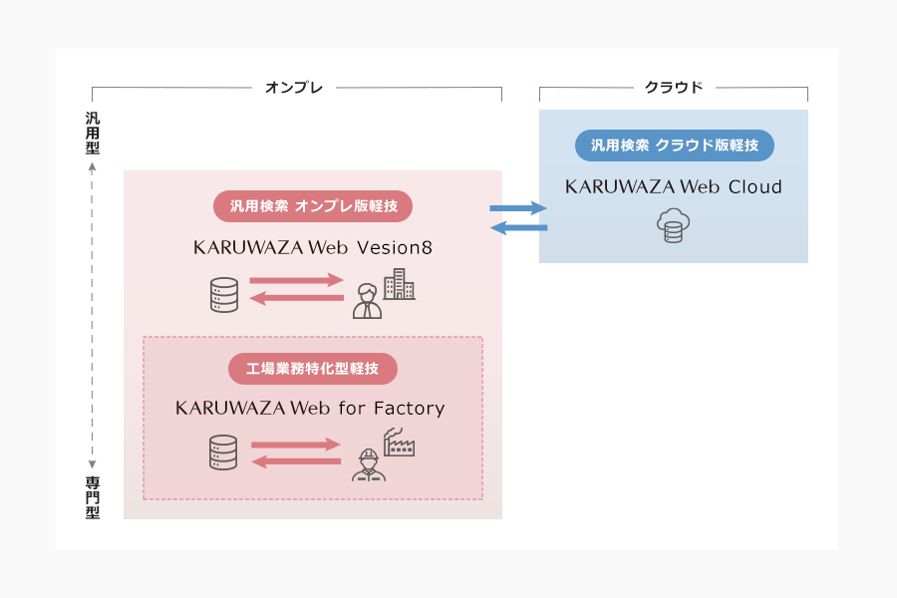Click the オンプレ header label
[x=294, y=88]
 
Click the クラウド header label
[x=674, y=88]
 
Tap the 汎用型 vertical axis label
[x=93, y=133]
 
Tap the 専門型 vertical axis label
[x=93, y=498]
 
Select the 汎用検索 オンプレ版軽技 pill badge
[x=313, y=206]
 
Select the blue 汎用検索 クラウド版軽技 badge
[x=674, y=146]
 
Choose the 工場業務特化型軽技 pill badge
[x=313, y=369]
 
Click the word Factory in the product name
[x=409, y=409]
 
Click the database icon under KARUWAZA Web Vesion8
[x=224, y=295]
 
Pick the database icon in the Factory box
[x=224, y=452]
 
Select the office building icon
[x=399, y=284]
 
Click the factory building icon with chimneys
[x=399, y=442]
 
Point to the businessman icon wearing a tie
[x=367, y=302]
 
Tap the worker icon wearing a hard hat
[x=367, y=464]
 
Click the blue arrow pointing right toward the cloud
[x=518, y=208]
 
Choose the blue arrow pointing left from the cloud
[x=518, y=229]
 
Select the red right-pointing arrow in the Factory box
[x=296, y=445]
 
